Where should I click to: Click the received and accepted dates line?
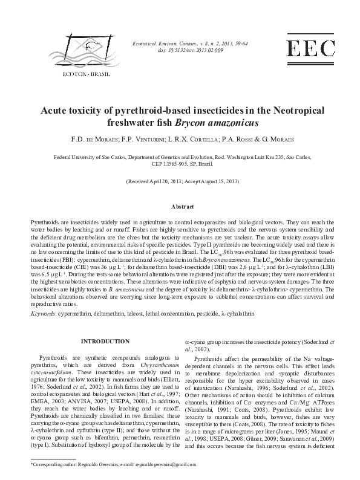pos(180,181)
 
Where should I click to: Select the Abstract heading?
pos(180,207)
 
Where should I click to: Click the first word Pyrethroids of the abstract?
pos(46,223)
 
